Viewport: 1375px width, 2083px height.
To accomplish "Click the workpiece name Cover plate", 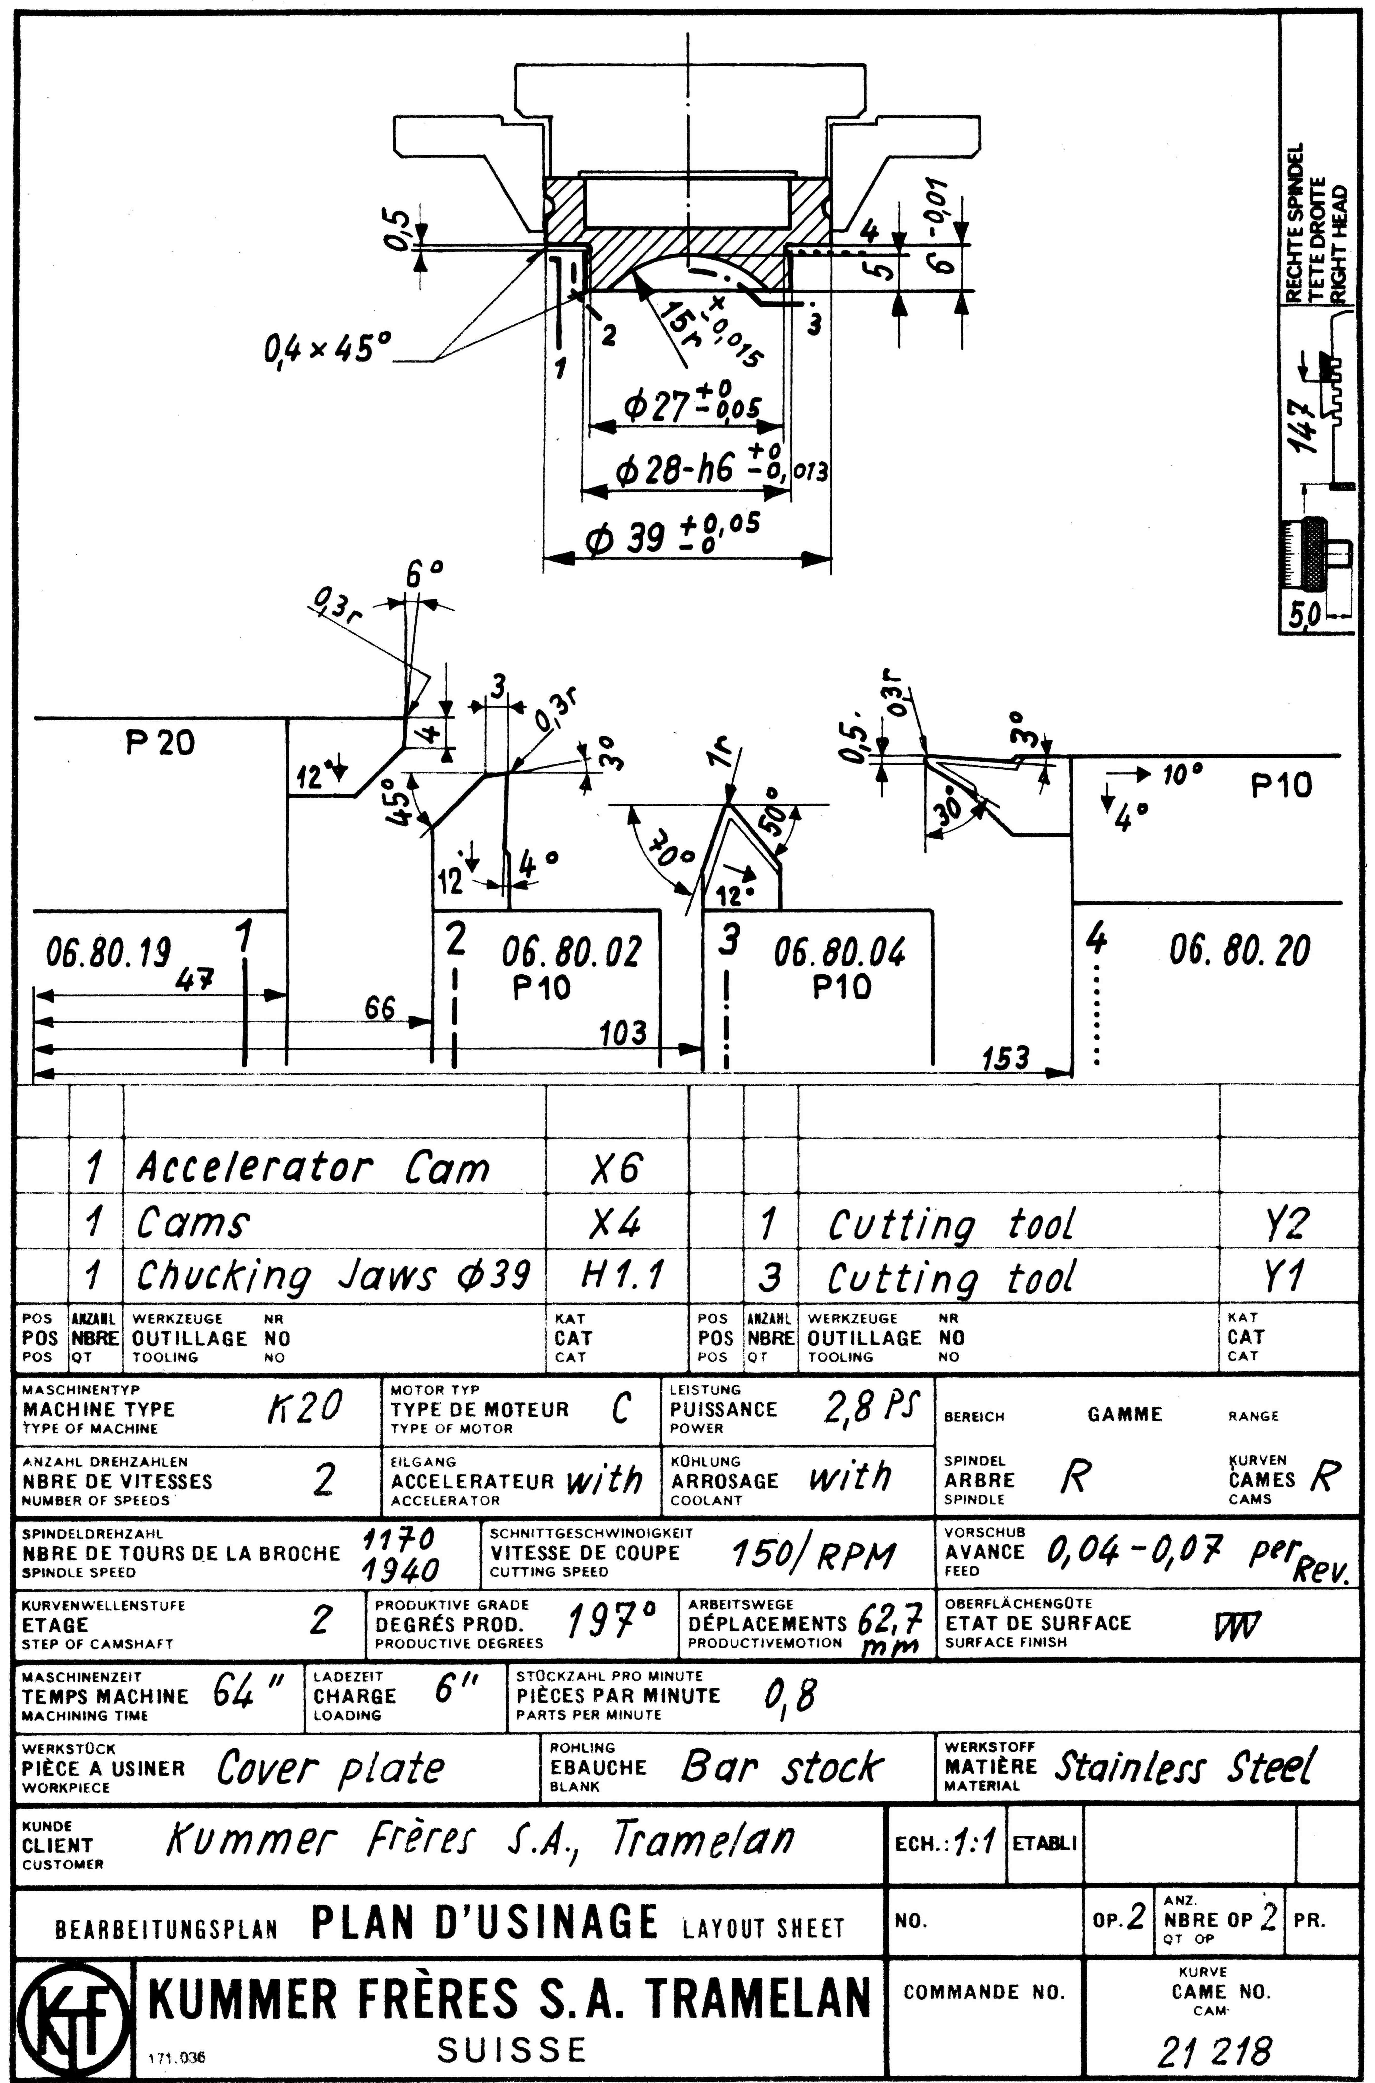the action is (331, 1767).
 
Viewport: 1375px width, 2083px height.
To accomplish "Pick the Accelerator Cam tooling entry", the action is (312, 1167).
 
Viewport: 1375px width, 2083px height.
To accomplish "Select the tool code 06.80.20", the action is (1240, 950).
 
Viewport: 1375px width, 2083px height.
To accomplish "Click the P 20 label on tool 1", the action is (160, 744).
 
